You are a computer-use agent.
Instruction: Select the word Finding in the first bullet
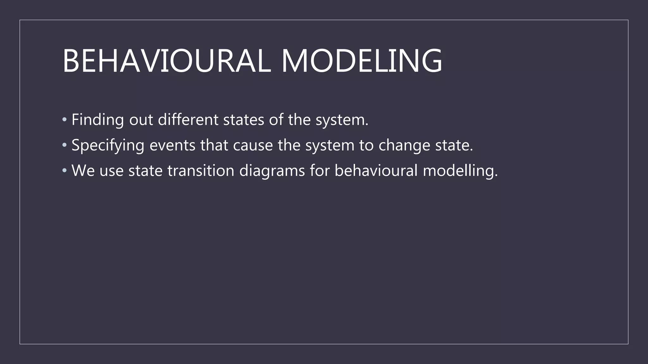[x=97, y=120]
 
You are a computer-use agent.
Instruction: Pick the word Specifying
[x=108, y=146]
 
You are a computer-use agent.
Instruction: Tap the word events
[x=172, y=145]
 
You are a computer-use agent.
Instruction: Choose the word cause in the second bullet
[x=253, y=145]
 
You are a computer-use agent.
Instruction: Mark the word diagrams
[x=272, y=171]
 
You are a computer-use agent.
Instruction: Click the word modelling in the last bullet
[x=460, y=171]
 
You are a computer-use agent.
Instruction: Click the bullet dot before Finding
[x=65, y=120]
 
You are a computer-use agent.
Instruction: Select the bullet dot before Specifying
[x=65, y=145]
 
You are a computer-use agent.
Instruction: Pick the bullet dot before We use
[x=65, y=171]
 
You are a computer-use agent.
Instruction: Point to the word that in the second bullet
[x=214, y=145]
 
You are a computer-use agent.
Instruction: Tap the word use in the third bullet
[x=111, y=171]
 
